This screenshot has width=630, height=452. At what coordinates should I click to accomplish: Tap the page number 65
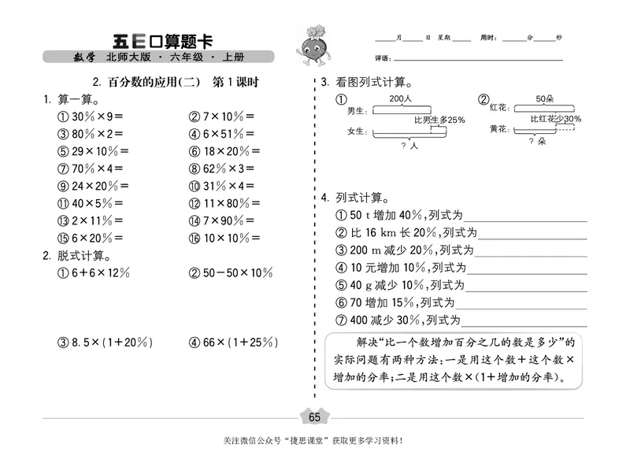pos(315,417)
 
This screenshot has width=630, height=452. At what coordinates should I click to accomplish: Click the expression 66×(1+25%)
pos(231,343)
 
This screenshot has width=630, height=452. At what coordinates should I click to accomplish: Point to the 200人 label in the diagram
pos(400,98)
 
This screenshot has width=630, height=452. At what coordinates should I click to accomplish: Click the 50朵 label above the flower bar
pos(546,98)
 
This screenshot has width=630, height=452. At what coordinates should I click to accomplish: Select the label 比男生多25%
pos(439,120)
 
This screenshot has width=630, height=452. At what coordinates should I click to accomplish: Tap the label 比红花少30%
pos(556,119)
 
